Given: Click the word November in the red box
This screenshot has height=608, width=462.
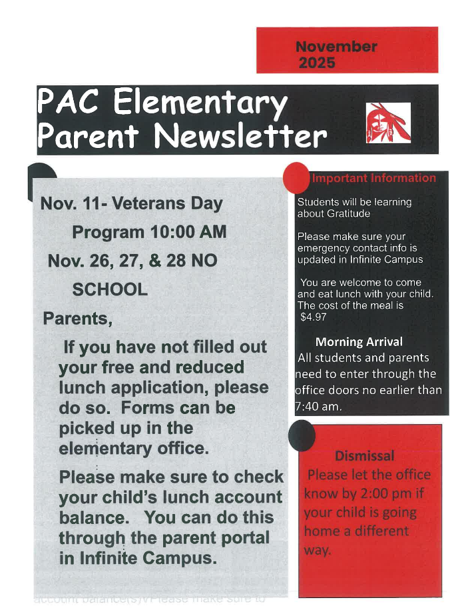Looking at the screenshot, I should pos(336,47).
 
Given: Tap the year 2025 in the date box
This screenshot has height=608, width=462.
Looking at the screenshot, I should pos(317,63).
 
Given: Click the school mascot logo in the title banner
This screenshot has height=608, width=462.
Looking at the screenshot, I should pos(388,123).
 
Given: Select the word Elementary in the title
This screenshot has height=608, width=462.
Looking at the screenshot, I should pos(200,103).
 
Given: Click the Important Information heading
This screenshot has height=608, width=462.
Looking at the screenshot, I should pos(373,178).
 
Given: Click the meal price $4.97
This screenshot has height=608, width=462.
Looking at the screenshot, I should pos(314,317).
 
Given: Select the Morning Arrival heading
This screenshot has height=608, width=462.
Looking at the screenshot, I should pos(358,342).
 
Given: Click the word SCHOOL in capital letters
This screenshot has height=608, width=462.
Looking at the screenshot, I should pos(110,290).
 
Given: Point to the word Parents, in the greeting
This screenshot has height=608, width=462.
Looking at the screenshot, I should pos(78,319).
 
